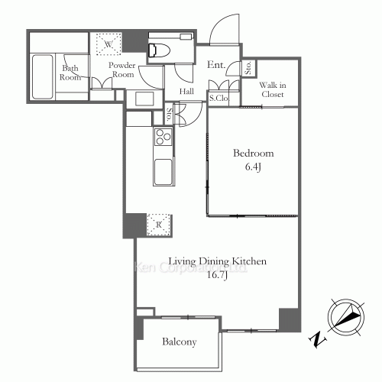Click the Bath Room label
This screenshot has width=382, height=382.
tap(70, 71)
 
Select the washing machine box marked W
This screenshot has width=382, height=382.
tap(109, 45)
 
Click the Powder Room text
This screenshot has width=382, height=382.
tap(121, 70)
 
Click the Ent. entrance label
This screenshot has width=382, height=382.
tap(216, 66)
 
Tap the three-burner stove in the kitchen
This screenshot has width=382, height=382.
tap(163, 138)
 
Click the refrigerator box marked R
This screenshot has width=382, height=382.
tap(157, 224)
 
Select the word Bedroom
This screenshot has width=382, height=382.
tap(252, 154)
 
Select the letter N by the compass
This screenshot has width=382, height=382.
tap(316, 336)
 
